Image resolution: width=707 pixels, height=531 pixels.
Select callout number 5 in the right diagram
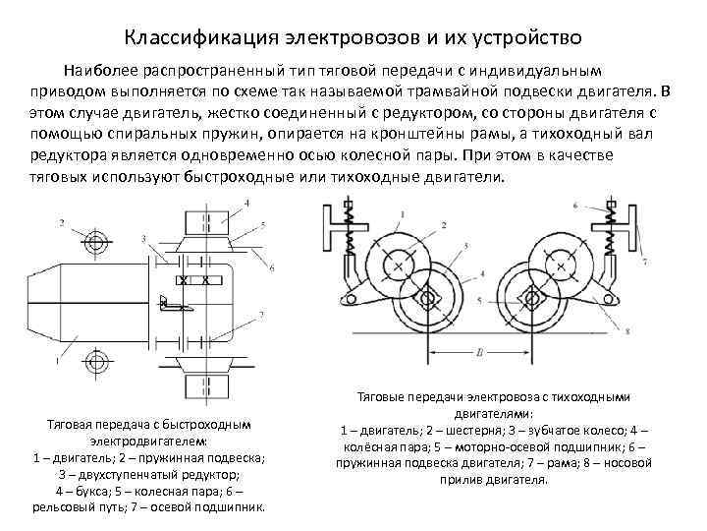(x=477, y=299)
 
